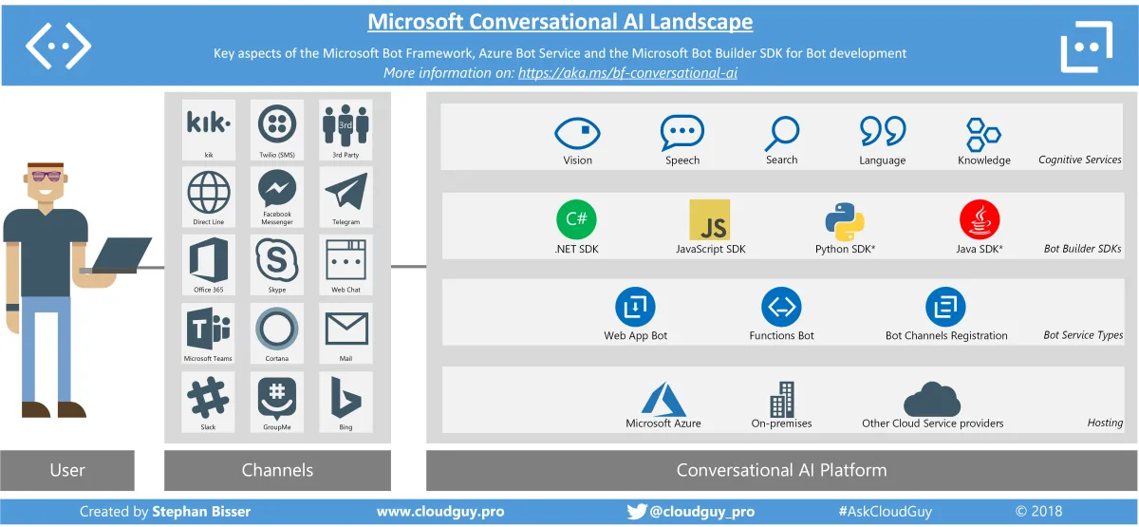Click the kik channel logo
click(208, 123)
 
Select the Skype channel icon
click(277, 259)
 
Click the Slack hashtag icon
click(208, 397)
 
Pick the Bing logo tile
click(345, 397)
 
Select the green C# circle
click(576, 220)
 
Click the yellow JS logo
click(710, 219)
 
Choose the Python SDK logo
click(845, 220)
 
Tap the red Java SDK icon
click(980, 219)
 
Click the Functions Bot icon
click(781, 307)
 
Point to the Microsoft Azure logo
click(663, 398)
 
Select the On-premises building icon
click(782, 400)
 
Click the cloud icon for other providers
click(932, 399)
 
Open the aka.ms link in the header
click(627, 72)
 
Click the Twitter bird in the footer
click(636, 511)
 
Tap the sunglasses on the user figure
click(45, 177)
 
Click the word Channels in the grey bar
click(277, 470)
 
